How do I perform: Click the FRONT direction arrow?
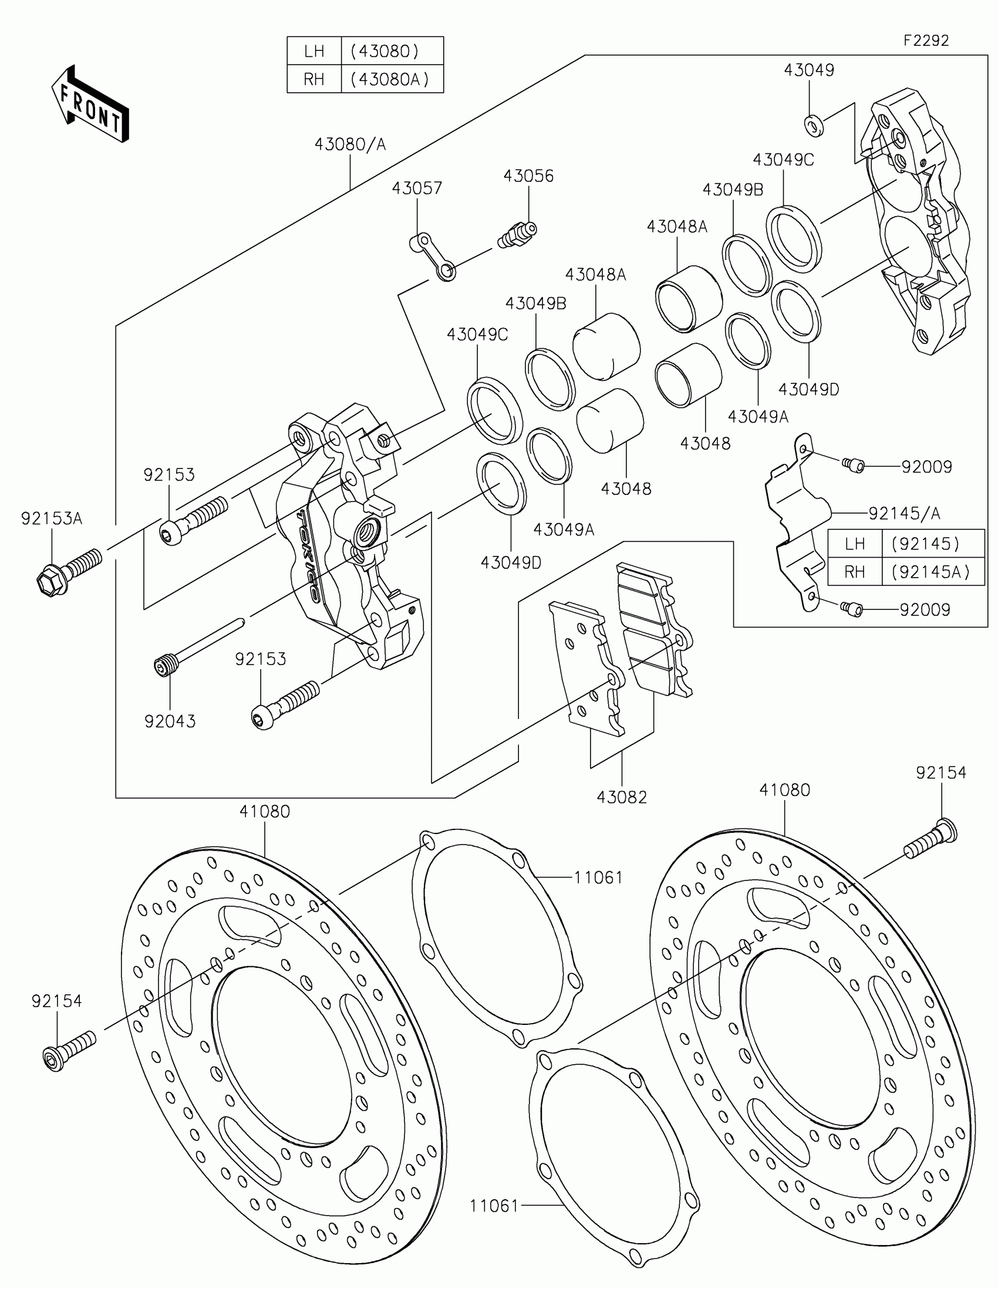click(90, 104)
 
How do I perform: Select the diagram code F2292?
click(925, 40)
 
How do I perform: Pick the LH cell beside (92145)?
click(855, 544)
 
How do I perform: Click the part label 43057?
click(417, 188)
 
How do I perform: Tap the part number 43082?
click(622, 797)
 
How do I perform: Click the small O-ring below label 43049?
click(812, 125)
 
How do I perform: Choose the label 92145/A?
click(904, 514)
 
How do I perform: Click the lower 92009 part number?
click(925, 609)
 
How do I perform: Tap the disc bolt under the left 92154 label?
click(69, 1051)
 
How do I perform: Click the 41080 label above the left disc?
click(264, 812)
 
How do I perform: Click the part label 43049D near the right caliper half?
click(808, 390)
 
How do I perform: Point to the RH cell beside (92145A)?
click(855, 571)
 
